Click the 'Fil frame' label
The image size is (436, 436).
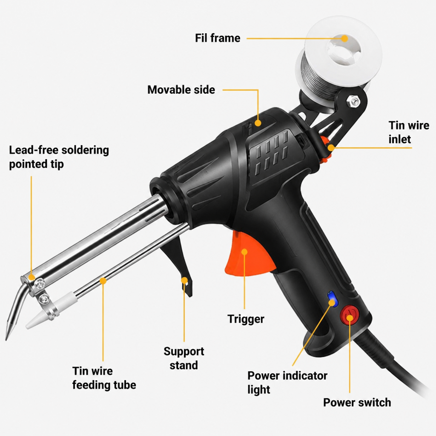tap(218, 38)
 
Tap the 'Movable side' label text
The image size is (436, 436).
tap(181, 90)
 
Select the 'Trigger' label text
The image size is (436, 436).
tap(246, 319)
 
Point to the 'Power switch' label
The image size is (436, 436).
tap(357, 403)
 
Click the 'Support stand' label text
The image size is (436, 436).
tap(184, 359)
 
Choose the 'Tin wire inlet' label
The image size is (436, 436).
tap(409, 132)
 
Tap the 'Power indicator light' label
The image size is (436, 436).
tap(287, 383)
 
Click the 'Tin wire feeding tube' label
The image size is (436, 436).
tap(104, 378)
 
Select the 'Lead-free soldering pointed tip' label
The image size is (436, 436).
tap(59, 157)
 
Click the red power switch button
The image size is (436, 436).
tap(349, 316)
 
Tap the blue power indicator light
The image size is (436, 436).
tap(332, 299)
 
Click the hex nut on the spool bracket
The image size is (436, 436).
tap(353, 101)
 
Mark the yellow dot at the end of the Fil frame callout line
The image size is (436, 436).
tap(344, 38)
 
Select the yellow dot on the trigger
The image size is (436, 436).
tap(244, 252)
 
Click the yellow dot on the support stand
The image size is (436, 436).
tap(184, 280)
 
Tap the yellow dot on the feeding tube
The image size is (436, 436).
tap(103, 281)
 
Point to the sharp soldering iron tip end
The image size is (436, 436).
tap(6, 339)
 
